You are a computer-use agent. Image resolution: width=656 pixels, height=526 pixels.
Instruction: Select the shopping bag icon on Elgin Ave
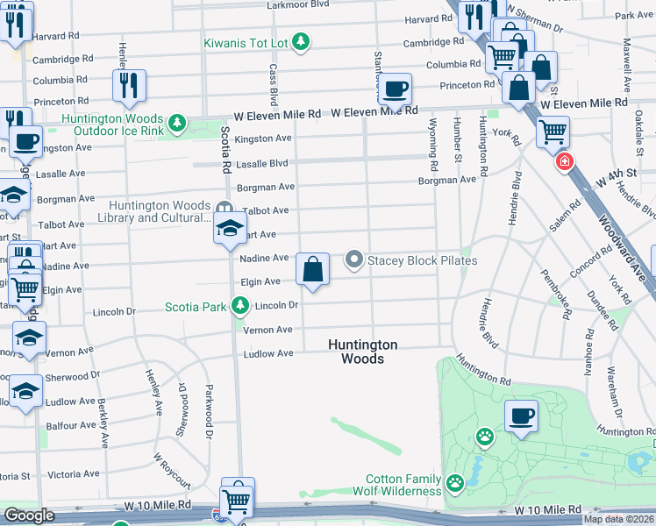(x=313, y=269)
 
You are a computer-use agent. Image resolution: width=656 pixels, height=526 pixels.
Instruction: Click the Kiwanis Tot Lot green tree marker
(x=301, y=42)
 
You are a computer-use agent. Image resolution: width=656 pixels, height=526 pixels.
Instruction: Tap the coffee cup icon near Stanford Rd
(x=395, y=88)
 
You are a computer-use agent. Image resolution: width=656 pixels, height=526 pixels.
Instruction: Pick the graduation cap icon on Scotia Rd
(x=229, y=230)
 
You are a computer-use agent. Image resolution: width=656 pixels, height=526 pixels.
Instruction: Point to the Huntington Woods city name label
(x=362, y=352)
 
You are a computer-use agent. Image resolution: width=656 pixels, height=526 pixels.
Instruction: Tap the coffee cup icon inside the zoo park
(x=521, y=416)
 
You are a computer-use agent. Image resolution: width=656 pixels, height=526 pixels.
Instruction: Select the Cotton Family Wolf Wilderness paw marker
(x=454, y=483)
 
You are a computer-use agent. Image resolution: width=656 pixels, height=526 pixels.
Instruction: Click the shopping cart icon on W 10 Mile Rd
(x=237, y=501)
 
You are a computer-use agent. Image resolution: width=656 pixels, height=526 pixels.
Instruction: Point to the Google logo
(x=30, y=515)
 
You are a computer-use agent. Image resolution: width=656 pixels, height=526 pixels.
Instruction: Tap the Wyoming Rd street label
(x=433, y=153)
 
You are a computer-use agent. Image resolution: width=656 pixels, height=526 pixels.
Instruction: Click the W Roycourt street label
(x=171, y=470)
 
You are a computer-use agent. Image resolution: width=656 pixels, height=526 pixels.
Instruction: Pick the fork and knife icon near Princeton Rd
(x=128, y=84)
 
